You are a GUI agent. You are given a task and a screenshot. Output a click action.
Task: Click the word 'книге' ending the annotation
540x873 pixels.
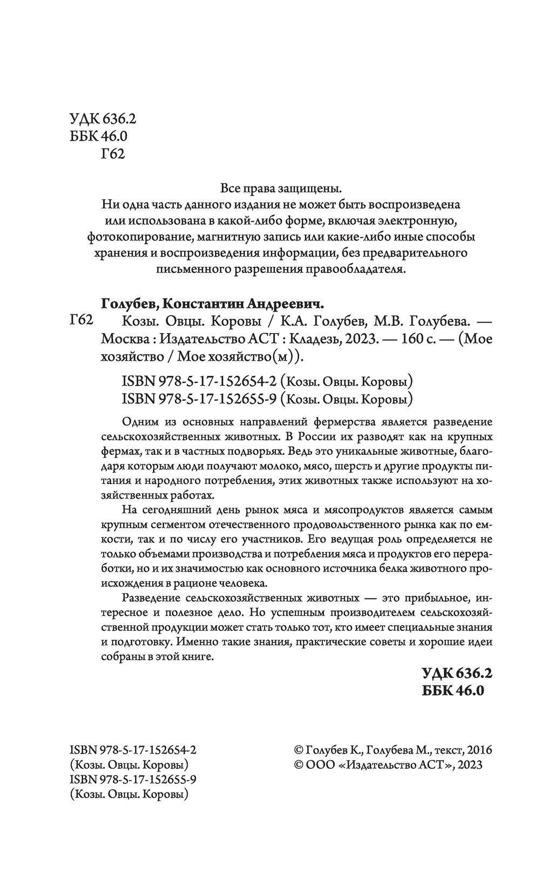point(199,658)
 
